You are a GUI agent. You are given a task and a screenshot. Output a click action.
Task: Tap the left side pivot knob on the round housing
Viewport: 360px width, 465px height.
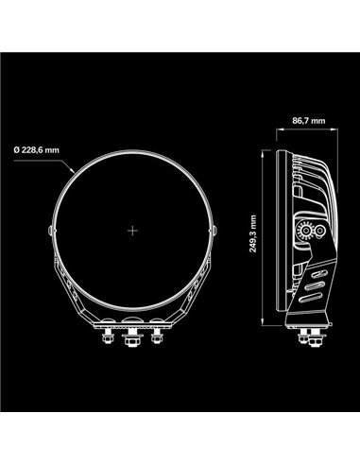(50, 232)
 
